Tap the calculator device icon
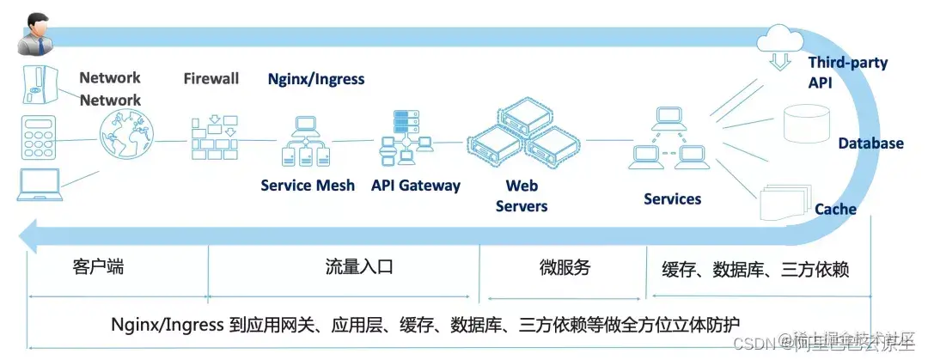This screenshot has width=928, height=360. click(40, 136)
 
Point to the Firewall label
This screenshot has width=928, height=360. click(211, 79)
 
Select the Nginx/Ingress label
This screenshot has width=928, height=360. click(316, 79)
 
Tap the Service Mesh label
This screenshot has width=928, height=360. click(308, 186)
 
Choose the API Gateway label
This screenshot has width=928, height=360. click(416, 186)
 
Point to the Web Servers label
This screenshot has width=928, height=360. click(522, 195)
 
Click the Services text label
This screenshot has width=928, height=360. click(672, 199)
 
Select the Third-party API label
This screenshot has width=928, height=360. click(847, 72)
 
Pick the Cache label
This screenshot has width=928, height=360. click(835, 209)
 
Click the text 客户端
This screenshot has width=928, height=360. click(99, 266)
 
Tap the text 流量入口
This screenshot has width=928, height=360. click(359, 266)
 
